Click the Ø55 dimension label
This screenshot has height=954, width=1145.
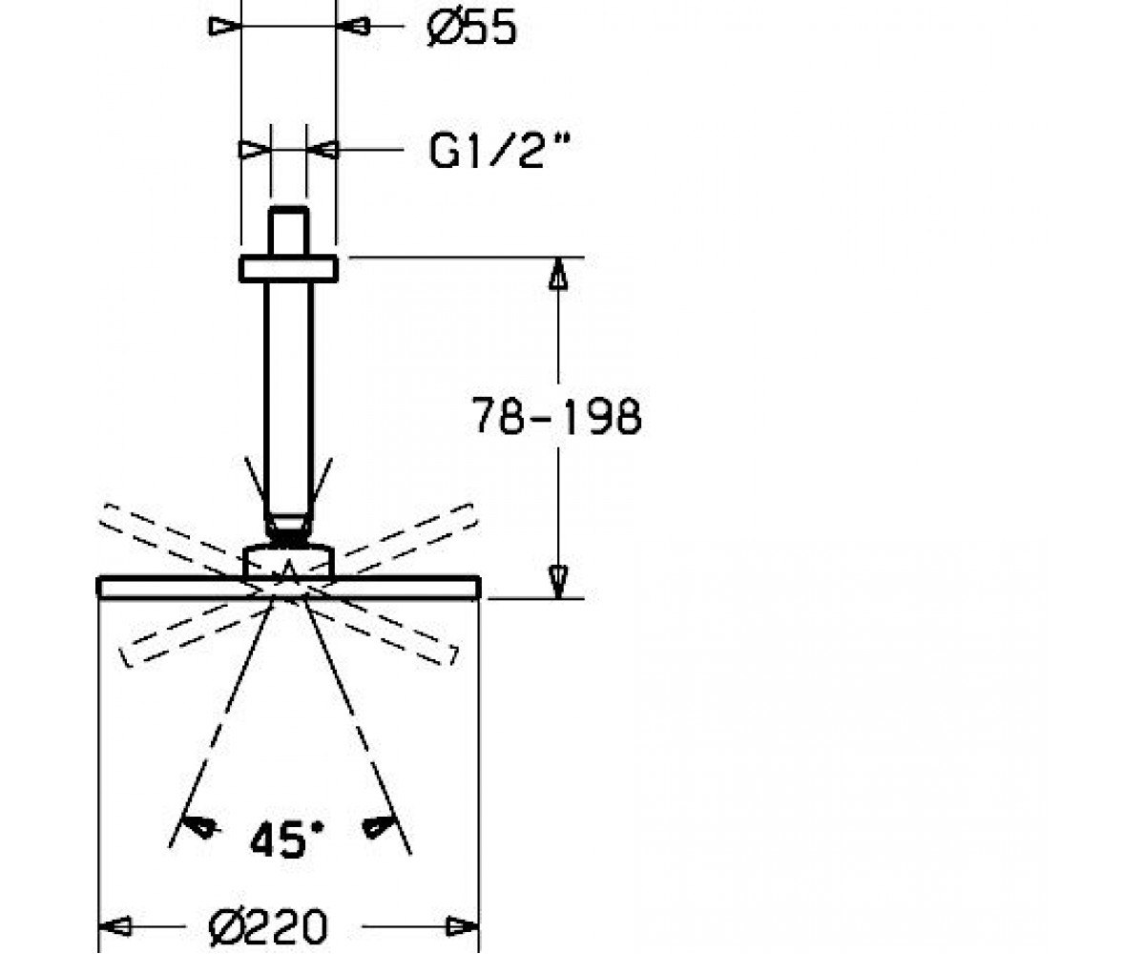471,28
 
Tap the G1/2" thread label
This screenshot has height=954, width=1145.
500,149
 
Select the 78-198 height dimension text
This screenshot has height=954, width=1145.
556,416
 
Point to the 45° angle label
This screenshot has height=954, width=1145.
287,839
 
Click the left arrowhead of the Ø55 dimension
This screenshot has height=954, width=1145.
224,26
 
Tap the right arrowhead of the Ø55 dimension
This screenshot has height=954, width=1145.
353,26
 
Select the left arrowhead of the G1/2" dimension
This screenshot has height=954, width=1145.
254,149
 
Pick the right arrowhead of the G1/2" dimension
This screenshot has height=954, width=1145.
323,149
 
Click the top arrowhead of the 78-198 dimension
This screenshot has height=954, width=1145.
557,274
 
